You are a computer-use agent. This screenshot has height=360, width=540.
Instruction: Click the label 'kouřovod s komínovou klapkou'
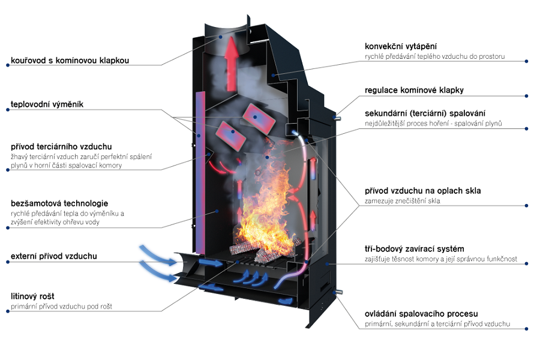click(70, 60)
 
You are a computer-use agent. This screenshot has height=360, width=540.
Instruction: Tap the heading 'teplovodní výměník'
click(47, 104)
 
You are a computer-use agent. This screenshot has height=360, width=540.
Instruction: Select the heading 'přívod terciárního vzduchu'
click(61, 147)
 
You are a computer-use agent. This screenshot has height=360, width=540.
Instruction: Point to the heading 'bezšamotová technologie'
click(59, 203)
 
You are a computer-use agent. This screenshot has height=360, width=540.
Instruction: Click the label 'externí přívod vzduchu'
click(54, 256)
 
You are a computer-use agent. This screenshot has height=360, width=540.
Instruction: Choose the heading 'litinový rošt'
click(32, 296)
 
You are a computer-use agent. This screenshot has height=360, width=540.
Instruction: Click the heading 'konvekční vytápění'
click(401, 47)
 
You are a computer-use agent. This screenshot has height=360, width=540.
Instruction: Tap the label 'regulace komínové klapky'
click(414, 90)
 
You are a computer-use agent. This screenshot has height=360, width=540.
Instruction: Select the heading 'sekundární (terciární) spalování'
click(425, 113)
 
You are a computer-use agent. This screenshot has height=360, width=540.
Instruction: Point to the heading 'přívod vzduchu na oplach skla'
click(423, 191)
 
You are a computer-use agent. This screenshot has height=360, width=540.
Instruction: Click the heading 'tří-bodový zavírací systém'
click(414, 249)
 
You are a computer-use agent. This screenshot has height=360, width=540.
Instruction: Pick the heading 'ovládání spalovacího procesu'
click(421, 314)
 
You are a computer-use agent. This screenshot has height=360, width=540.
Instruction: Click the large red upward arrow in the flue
click(232, 64)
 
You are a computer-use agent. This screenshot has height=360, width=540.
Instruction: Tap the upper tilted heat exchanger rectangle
click(259, 119)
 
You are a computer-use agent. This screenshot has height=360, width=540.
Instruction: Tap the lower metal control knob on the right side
click(338, 292)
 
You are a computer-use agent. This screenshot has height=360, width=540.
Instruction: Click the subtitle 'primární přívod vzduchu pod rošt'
click(61, 306)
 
